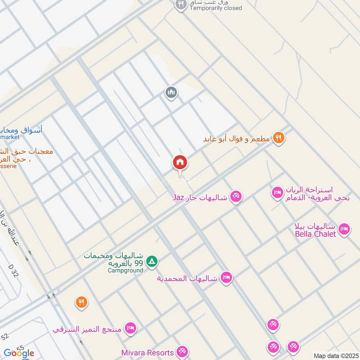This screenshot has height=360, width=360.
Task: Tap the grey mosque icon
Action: (x=171, y=93)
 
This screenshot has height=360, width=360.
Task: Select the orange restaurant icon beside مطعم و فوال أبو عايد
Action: (x=279, y=139)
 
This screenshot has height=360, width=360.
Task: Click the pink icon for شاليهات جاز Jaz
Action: (x=236, y=197)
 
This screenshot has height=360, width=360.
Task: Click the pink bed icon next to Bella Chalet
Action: (x=344, y=229)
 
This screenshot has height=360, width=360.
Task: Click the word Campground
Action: (x=126, y=270)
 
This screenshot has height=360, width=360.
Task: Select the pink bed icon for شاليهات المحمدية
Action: (x=226, y=278)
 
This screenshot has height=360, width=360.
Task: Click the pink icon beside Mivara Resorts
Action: (x=182, y=352)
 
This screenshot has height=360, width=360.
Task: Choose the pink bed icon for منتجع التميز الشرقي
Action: (x=130, y=329)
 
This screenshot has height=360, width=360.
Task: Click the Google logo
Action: (x=19, y=353)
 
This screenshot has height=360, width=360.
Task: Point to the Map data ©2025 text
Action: (x=335, y=355)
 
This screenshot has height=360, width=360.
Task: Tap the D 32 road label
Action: (x=13, y=272)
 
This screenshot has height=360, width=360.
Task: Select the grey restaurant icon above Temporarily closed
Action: (x=180, y=4)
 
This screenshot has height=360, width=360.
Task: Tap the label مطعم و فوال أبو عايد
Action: (x=236, y=139)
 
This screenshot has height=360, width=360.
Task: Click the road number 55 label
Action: (x=20, y=348)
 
